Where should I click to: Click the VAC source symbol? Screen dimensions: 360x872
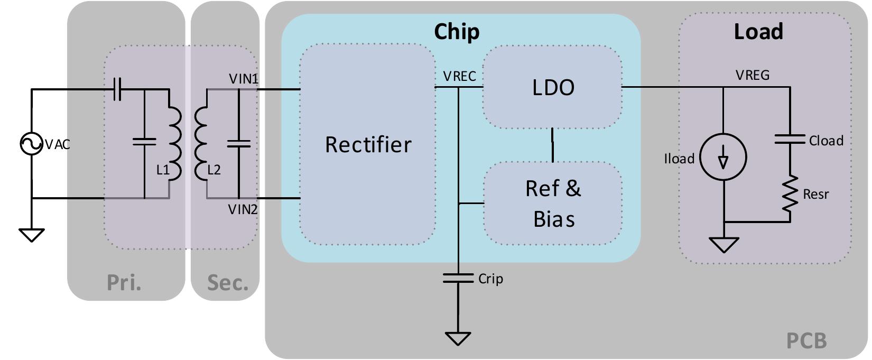point(31,144)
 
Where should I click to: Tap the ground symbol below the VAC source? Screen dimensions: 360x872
point(31,234)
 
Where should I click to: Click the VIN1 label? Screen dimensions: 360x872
point(244,79)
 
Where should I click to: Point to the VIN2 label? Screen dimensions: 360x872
point(243,209)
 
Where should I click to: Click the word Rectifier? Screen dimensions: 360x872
point(368,144)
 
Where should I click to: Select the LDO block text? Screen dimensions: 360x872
point(553,87)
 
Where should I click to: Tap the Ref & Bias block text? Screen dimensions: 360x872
point(553,204)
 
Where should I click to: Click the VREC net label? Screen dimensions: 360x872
point(459,76)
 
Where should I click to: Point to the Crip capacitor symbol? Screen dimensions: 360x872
point(458,278)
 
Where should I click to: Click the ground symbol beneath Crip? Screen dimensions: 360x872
point(458,338)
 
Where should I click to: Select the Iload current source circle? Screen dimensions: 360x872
point(723,158)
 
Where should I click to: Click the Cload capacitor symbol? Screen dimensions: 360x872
point(790,140)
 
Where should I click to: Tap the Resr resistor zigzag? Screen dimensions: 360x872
point(790,194)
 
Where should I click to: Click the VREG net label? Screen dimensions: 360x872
point(752,75)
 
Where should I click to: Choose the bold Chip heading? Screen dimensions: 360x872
point(457,31)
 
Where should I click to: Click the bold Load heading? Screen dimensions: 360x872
point(758,32)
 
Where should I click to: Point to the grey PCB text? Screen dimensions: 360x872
point(806,341)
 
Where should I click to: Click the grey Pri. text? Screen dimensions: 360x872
point(124,282)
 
